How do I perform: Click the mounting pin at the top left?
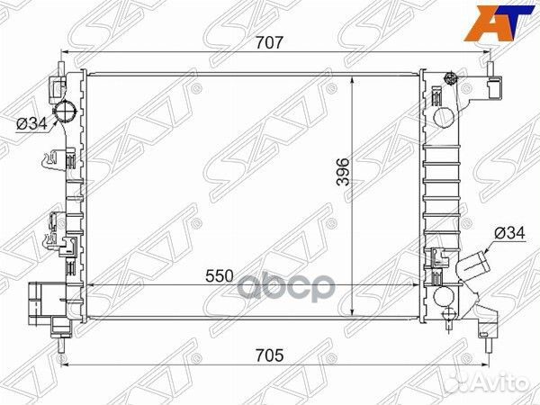pos(60,61)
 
